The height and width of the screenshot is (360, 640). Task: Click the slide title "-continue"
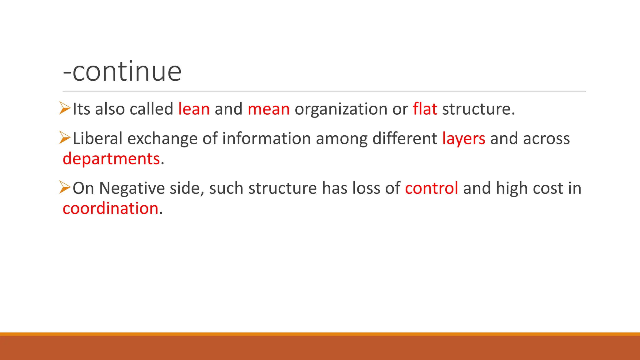tap(122, 72)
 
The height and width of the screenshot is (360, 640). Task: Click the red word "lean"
tap(194, 109)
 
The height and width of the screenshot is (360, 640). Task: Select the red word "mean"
tap(268, 109)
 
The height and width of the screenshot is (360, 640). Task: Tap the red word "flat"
tap(425, 109)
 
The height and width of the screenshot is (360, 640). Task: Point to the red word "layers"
tap(463, 139)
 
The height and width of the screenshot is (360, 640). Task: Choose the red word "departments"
tap(111, 159)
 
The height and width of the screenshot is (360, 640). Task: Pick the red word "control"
tap(431, 188)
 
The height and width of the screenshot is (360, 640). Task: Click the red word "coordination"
tap(110, 208)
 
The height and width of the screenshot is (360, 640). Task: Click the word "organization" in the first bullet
tap(341, 109)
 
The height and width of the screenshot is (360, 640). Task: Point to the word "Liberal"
tap(97, 138)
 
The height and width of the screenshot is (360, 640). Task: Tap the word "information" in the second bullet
tap(266, 138)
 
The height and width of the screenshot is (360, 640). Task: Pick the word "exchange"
tap(162, 138)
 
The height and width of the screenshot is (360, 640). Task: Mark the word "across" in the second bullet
tap(546, 138)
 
